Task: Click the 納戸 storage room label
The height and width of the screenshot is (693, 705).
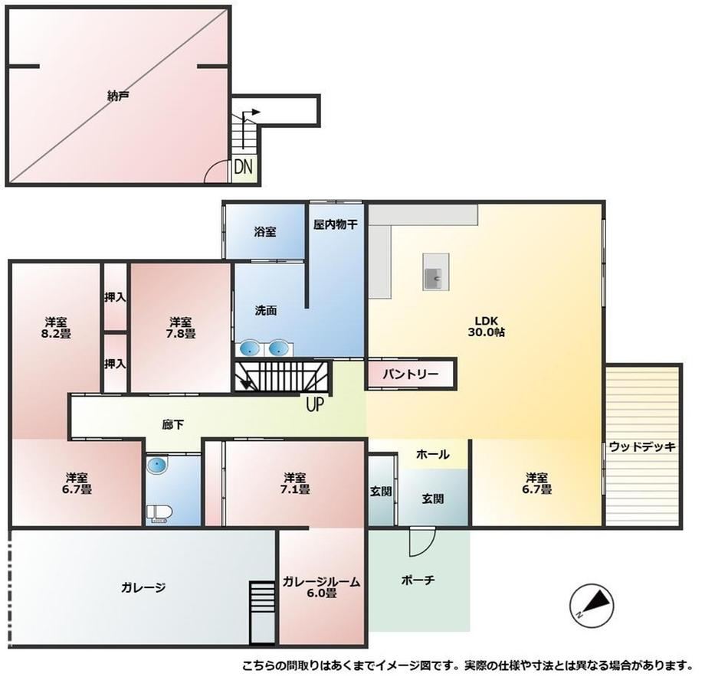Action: (119, 96)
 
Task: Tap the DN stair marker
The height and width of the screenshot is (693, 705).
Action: (244, 167)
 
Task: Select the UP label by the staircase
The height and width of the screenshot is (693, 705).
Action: (315, 404)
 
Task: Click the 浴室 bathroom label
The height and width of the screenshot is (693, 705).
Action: (265, 232)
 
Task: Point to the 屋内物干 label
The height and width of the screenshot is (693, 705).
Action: (336, 224)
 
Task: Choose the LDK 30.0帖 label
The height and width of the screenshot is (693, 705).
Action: (486, 327)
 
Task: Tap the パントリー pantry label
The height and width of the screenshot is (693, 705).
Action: (410, 374)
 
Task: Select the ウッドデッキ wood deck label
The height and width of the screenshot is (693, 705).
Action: (642, 446)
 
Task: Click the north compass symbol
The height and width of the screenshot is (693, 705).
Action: (592, 603)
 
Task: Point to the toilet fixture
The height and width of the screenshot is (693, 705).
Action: (159, 514)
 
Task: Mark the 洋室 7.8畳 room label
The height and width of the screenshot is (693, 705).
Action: (180, 328)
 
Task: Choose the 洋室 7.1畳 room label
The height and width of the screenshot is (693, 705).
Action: (294, 482)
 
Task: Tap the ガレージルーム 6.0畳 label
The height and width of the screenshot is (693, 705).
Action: (322, 587)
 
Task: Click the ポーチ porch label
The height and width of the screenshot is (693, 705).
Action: (418, 580)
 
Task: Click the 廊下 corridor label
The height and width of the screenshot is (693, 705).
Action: (172, 424)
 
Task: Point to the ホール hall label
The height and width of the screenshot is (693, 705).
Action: (432, 454)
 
